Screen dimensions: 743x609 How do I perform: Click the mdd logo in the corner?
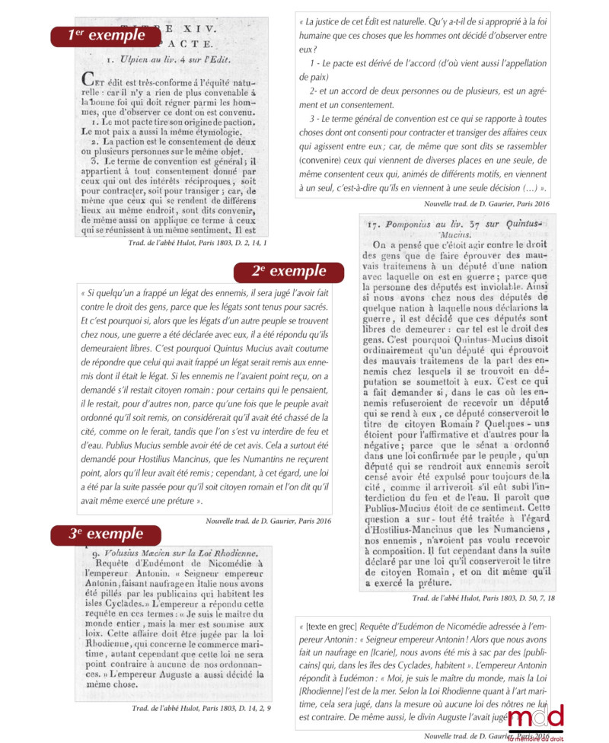537,719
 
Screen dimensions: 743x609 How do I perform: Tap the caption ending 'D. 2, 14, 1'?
201,242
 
